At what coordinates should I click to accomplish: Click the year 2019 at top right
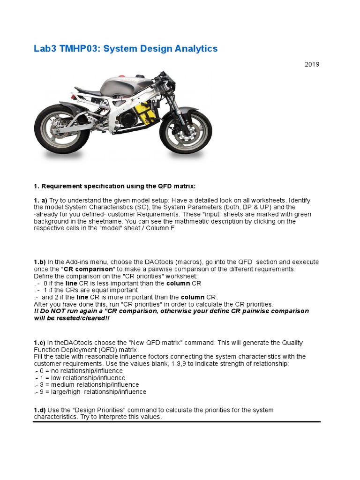(x=312, y=64)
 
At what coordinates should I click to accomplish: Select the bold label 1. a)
(x=40, y=200)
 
